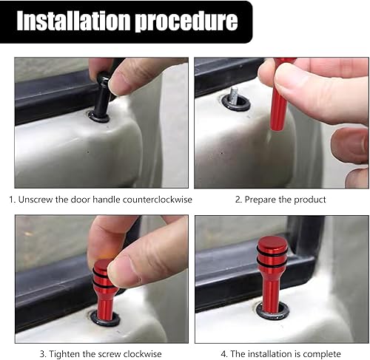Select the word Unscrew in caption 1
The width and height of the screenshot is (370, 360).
(x=38, y=200)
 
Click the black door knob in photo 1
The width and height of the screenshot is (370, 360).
(x=101, y=96)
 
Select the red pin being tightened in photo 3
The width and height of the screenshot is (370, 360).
(x=104, y=292)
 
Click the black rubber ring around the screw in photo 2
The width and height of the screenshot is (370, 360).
(x=236, y=103)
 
